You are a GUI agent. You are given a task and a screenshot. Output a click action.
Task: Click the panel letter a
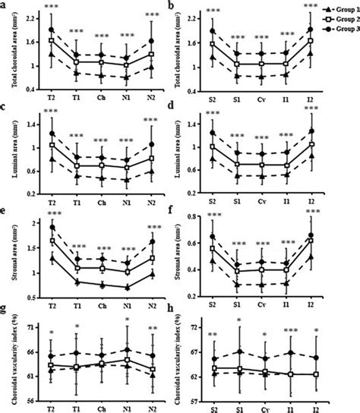click(5, 5)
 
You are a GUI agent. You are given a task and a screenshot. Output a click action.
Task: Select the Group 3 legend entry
click(345, 24)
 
